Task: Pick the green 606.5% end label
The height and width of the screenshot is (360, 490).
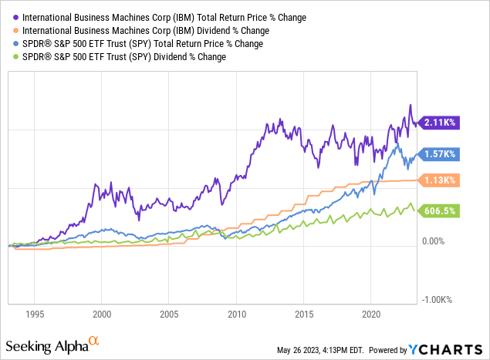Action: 438,211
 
